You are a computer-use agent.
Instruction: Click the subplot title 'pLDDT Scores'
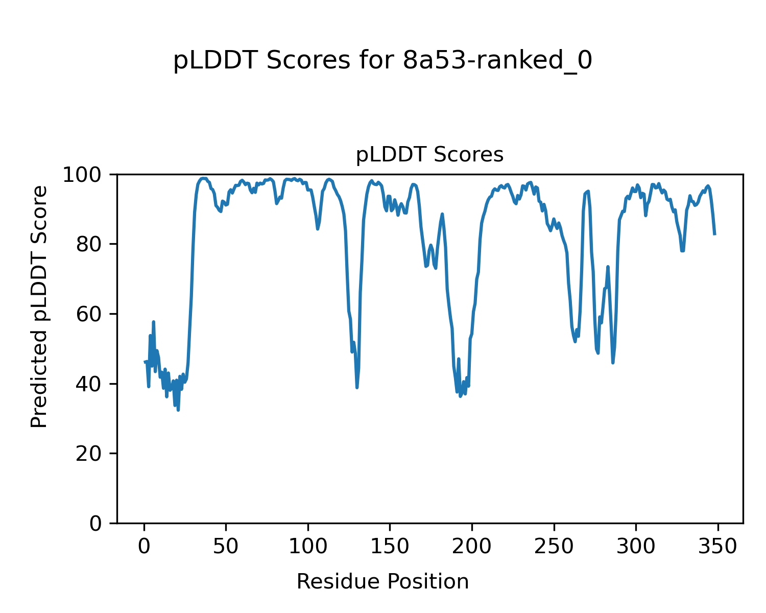click(429, 155)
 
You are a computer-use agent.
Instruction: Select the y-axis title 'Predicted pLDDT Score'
click(39, 306)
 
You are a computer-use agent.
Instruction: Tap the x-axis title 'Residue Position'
click(382, 582)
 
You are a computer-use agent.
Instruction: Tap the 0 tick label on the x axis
click(144, 547)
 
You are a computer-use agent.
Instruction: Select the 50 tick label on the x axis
click(226, 547)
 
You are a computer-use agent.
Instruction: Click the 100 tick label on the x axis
click(308, 547)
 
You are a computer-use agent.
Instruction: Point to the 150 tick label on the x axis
click(390, 547)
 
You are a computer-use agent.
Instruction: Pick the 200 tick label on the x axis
click(472, 547)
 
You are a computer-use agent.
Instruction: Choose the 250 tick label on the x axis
click(554, 547)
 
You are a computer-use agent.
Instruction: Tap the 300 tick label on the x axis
click(636, 547)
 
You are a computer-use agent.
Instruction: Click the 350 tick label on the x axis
click(717, 547)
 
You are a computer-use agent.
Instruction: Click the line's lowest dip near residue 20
click(178, 410)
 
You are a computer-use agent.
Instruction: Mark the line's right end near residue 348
click(714, 234)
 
